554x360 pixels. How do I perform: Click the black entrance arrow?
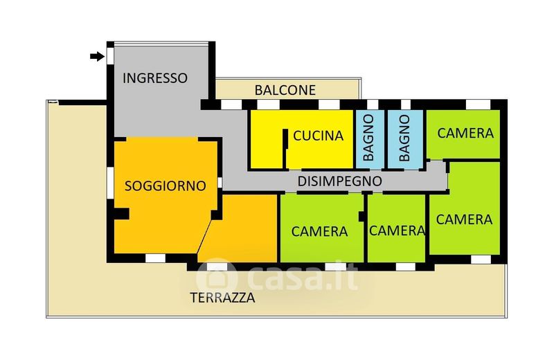coord(97,56)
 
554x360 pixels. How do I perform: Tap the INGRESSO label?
coord(155,78)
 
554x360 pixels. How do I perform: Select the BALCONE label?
coord(285,91)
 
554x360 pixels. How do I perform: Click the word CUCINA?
coord(319,136)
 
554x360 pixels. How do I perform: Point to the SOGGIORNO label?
coord(166,186)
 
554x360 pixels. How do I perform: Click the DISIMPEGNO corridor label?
coord(340,181)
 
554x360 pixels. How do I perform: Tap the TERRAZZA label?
coord(222,298)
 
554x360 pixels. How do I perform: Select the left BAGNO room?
coord(369,139)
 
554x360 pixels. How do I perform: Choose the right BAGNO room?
coord(405,139)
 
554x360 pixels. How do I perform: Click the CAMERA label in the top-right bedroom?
coord(465,133)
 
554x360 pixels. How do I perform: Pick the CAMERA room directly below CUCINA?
coord(322,228)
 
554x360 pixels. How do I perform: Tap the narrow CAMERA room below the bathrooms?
coord(396,228)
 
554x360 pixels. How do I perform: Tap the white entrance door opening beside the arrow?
coord(110,56)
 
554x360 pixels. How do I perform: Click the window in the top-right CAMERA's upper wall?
coord(478,105)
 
